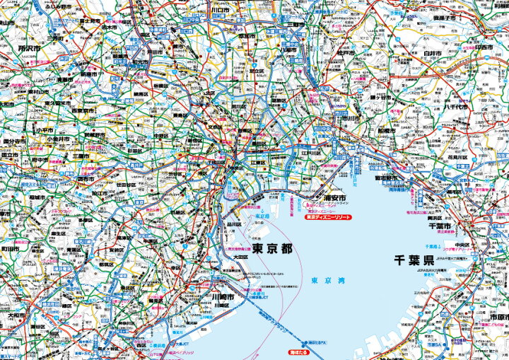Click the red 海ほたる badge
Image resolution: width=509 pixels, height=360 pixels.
click(300, 351)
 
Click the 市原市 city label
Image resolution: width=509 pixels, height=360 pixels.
click(495, 337)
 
